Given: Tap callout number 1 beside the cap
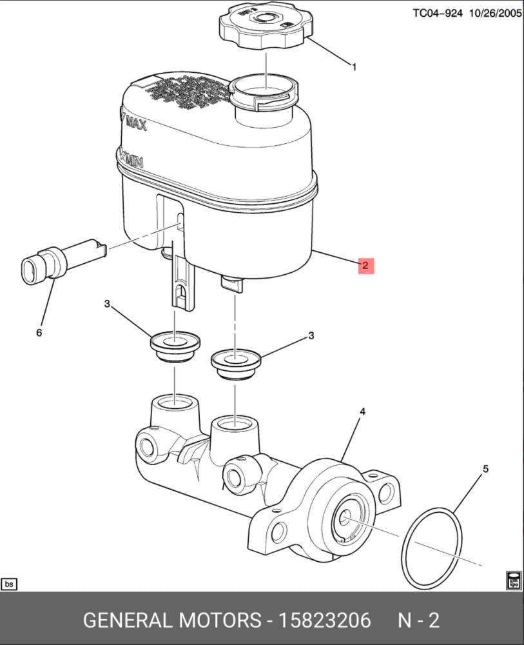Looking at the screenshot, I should (353, 66).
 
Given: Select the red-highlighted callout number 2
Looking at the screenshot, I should (365, 265).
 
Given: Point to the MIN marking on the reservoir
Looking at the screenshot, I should (132, 159).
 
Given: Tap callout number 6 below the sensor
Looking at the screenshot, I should (39, 332).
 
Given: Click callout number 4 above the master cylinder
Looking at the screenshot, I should (362, 412).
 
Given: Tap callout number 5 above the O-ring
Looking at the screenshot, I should (485, 468).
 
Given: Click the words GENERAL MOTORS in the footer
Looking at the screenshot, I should (171, 620).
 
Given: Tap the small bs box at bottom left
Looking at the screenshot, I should (9, 584).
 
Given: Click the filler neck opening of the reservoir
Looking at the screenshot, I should (265, 88).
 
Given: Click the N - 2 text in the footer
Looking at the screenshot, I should (418, 620).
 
